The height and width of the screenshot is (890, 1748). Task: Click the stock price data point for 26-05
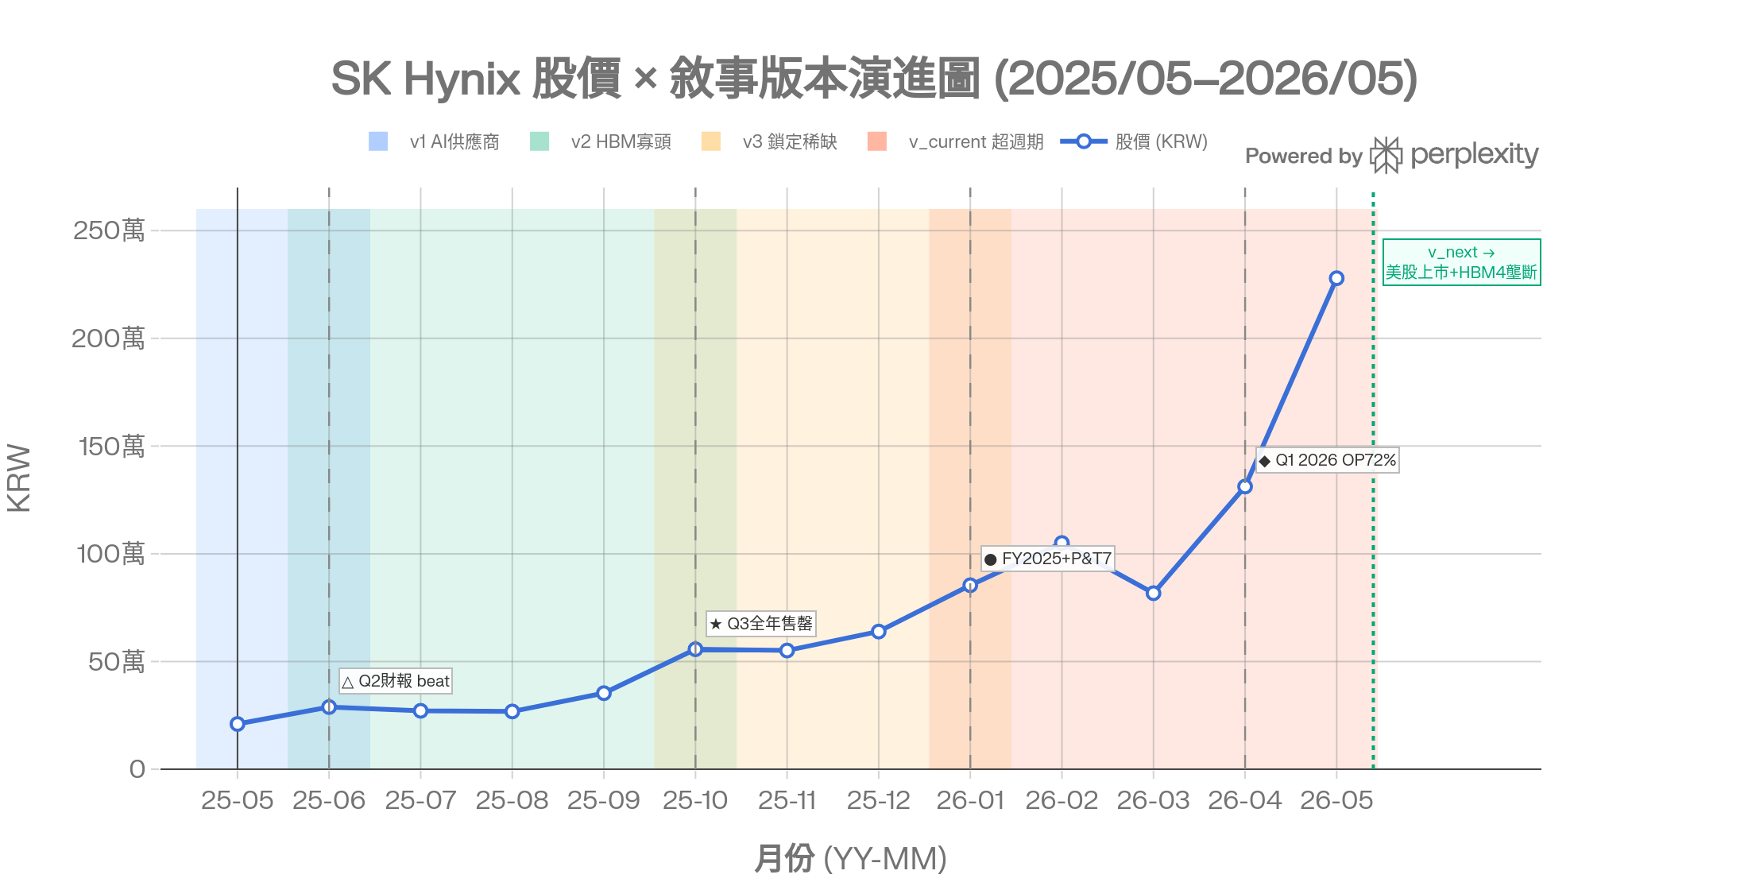click(x=1336, y=278)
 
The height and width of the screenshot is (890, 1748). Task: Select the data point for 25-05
click(x=238, y=724)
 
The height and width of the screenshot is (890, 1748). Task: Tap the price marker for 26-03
click(x=1154, y=593)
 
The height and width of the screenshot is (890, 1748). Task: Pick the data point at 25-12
click(x=879, y=632)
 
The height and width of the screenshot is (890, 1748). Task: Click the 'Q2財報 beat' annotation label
click(x=396, y=681)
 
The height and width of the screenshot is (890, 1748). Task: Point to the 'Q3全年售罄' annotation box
click(x=761, y=624)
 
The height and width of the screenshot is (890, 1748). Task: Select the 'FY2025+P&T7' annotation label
click(x=1048, y=559)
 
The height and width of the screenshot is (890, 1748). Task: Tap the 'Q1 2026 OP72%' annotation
click(x=1328, y=460)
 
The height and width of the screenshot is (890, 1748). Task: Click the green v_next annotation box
click(x=1462, y=262)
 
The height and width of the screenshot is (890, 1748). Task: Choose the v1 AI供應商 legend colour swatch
click(x=378, y=141)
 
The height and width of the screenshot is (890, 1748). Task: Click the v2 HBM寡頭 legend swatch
click(x=539, y=141)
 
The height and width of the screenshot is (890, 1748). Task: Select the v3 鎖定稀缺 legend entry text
click(x=790, y=141)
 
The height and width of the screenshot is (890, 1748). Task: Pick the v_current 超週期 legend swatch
click(x=877, y=141)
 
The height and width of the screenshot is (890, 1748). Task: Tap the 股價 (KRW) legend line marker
click(x=1084, y=141)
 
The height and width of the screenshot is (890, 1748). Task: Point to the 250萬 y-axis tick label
click(x=109, y=230)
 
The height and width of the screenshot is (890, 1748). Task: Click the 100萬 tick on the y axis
click(x=110, y=554)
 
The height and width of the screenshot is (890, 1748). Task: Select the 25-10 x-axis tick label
click(x=695, y=800)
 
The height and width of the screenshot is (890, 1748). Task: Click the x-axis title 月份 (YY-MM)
click(x=850, y=859)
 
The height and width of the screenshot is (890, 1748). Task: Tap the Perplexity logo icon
click(x=1386, y=155)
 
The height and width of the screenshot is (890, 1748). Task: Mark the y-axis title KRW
click(x=19, y=478)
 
